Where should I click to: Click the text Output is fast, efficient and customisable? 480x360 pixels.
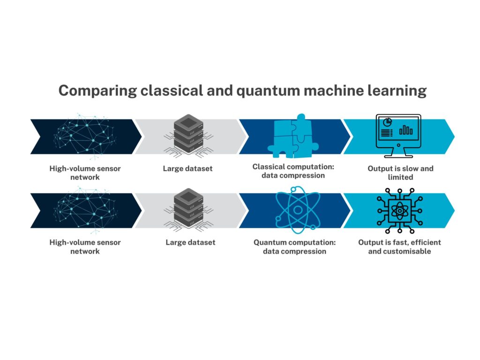399,247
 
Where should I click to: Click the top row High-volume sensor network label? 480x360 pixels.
85,172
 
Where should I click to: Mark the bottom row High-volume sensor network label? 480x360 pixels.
85,247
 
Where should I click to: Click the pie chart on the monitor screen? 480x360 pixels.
387,122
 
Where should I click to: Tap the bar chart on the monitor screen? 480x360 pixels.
406,130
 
